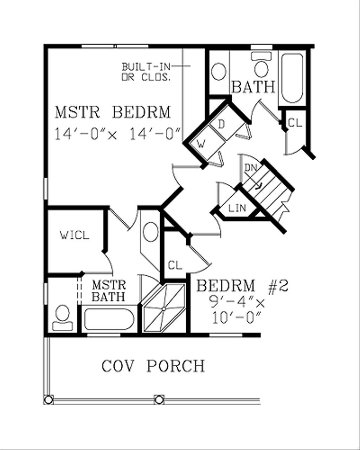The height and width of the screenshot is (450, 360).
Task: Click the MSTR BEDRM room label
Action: pos(113,112)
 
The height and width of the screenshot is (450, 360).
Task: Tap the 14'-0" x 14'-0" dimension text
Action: pos(118,134)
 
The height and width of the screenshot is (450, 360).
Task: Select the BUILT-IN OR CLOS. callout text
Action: pos(146,72)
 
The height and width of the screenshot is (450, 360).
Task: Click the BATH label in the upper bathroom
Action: pos(253,87)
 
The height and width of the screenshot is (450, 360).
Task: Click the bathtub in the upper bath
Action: pos(292,78)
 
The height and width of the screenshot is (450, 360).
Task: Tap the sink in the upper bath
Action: pos(219,72)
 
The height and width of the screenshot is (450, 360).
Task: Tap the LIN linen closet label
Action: pos(237,208)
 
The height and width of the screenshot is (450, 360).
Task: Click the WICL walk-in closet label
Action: pos(75,235)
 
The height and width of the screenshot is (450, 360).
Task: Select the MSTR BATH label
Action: pos(109,290)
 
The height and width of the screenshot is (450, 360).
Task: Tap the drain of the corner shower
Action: pos(164,309)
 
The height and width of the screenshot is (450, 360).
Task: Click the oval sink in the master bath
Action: pos(151,232)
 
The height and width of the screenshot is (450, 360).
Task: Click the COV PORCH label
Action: pos(153,366)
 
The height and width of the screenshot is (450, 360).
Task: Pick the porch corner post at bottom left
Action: pos(49,400)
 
